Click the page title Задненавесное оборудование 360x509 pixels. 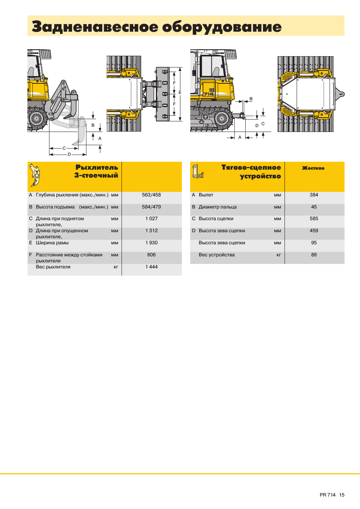point(157,27)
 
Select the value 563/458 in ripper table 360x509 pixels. point(151,195)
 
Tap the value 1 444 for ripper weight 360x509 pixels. point(151,267)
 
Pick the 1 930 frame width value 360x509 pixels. point(151,243)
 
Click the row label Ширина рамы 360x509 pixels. point(52,243)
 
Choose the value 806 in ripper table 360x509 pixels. point(151,255)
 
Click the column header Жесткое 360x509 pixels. point(313,168)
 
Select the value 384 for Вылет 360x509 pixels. point(314,195)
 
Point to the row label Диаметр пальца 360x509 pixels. point(218,207)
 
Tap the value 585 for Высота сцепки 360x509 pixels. point(314,219)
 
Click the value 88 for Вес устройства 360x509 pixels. point(314,255)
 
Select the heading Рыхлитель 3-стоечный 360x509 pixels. point(97,171)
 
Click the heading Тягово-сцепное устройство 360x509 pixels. point(251,172)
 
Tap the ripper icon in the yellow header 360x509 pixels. point(35,175)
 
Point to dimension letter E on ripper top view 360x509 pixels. point(180,92)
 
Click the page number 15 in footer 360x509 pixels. point(342,495)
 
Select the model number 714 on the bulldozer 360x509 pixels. point(209,94)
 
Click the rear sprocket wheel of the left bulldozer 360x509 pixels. point(37,118)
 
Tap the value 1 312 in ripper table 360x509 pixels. point(151,231)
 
